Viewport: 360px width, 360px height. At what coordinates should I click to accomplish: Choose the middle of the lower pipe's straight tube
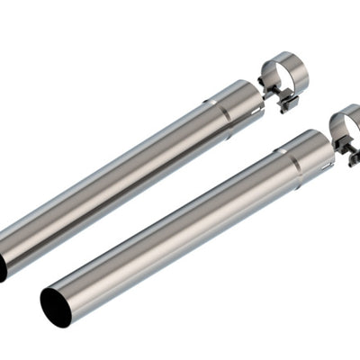(171, 234)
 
